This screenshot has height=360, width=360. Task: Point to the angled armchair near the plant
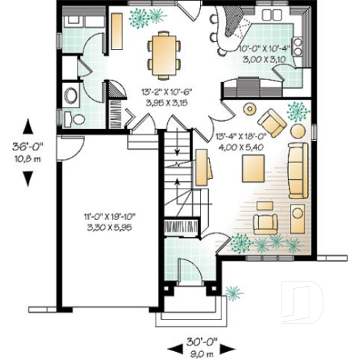coord(272,122)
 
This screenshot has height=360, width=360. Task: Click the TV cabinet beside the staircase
coord(203,166)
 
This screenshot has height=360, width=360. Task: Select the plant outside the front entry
coord(233,293)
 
